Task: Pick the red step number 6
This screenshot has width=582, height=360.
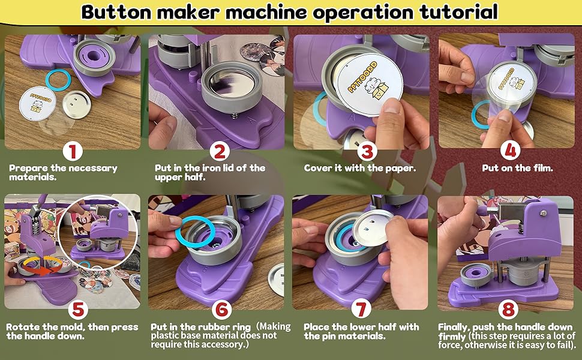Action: coord(221,309)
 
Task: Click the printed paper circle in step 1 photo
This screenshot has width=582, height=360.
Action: coord(40,104)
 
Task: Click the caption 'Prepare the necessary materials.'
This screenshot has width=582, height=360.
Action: coord(63,173)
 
